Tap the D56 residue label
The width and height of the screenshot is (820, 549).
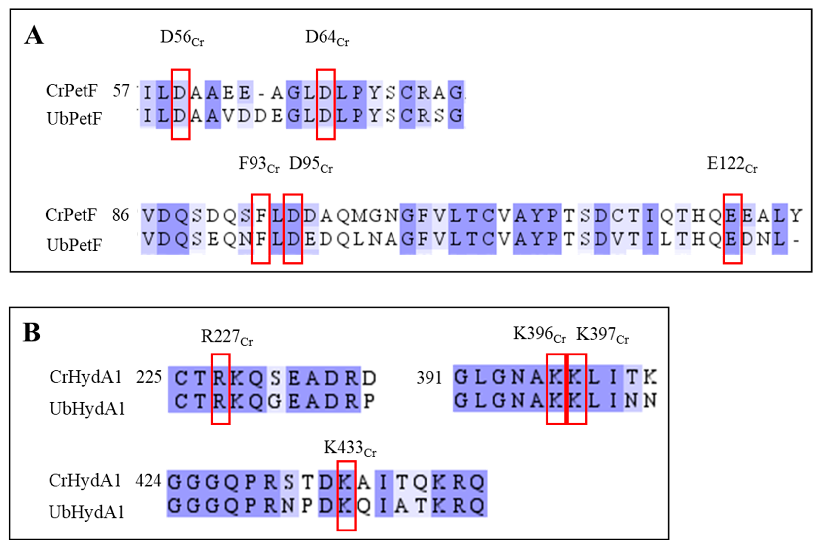[182, 38]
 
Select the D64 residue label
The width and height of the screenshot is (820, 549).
[327, 38]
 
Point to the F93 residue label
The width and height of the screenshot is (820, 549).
[259, 164]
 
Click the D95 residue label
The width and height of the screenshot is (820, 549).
[311, 164]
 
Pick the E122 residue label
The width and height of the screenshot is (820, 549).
[732, 164]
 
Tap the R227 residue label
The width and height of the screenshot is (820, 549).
[226, 337]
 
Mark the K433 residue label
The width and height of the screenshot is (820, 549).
[350, 448]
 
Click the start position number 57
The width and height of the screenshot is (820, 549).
[121, 91]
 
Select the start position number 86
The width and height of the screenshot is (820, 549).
[120, 215]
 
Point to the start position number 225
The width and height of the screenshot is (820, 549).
[149, 377]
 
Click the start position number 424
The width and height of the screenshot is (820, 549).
[148, 481]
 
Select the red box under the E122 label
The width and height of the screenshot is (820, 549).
[733, 228]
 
